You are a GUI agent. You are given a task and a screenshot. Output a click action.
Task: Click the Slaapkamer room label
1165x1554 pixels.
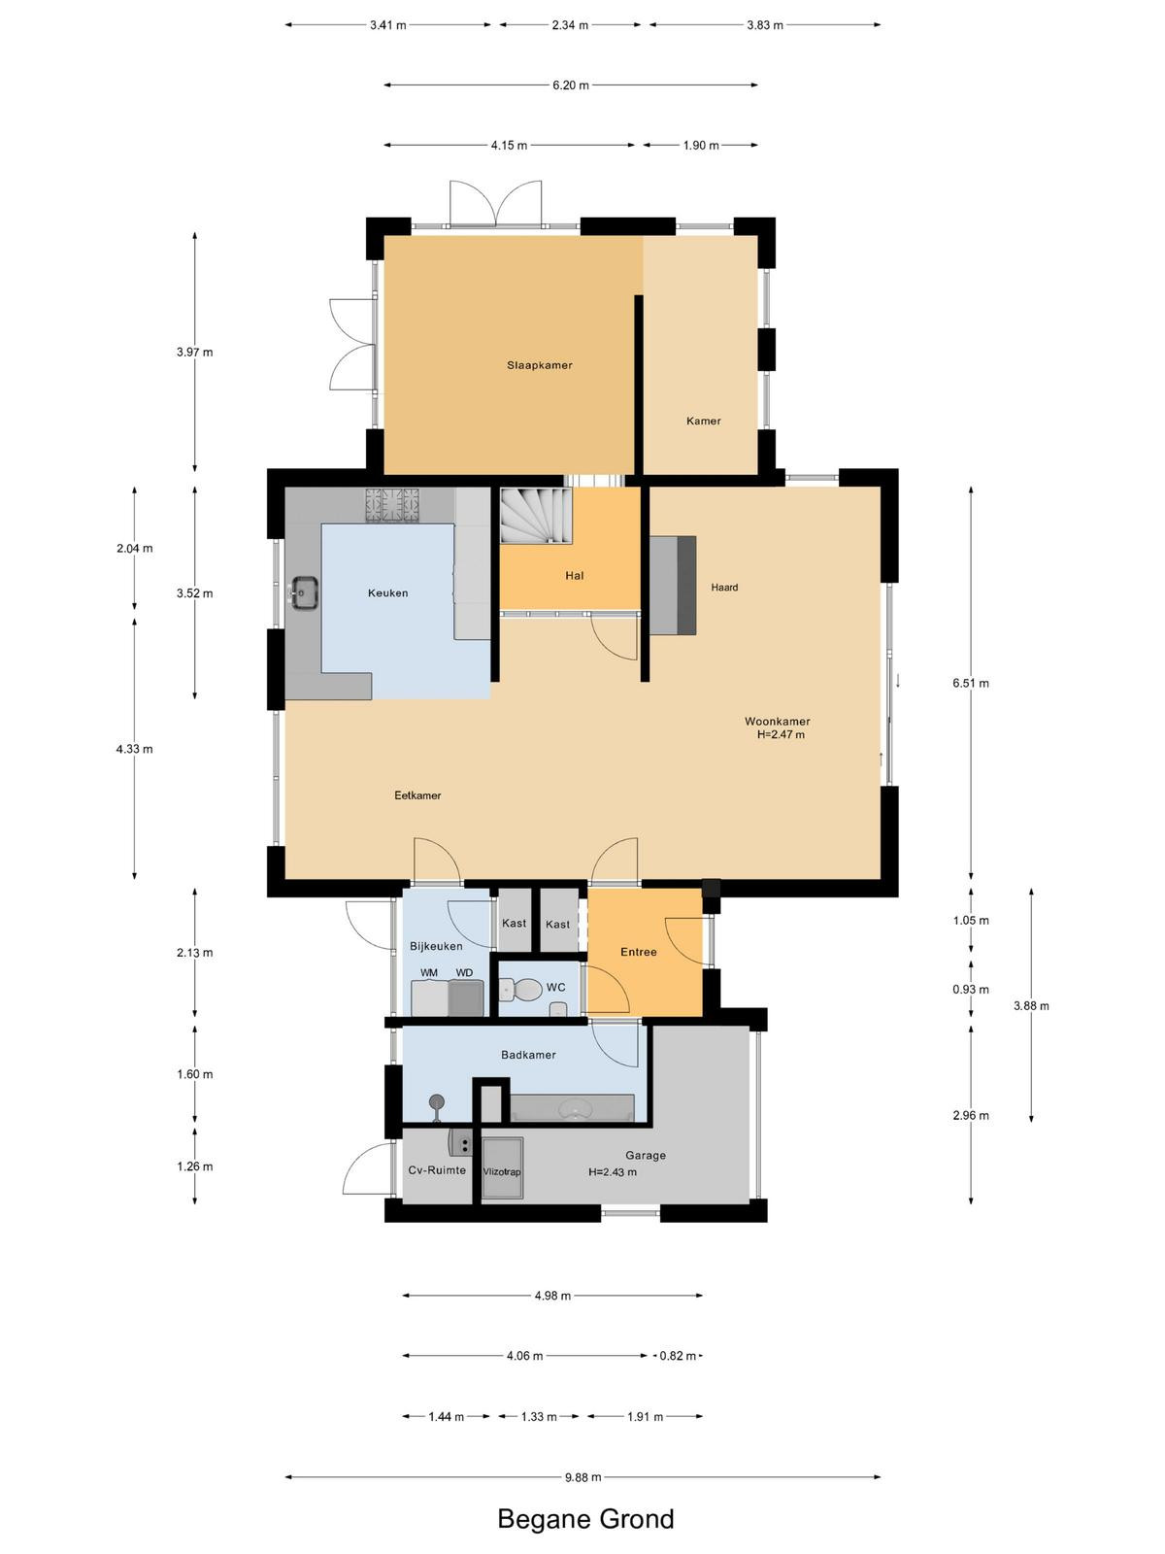539,365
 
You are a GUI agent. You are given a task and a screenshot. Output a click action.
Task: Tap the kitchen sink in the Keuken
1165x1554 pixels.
304,592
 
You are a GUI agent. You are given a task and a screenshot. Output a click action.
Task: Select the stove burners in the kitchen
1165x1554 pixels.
392,505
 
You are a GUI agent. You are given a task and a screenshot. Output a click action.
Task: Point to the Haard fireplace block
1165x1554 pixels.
673,585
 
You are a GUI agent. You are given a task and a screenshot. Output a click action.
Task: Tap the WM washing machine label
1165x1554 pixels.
429,973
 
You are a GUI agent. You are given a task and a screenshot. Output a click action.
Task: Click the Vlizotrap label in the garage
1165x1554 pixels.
502,1171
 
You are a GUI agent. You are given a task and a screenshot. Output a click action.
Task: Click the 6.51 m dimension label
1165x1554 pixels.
971,683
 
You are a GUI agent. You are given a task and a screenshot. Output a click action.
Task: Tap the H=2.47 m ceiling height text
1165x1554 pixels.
781,735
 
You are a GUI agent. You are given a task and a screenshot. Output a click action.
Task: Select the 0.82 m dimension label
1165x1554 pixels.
678,1356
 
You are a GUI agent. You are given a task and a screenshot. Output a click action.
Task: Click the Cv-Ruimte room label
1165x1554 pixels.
437,1170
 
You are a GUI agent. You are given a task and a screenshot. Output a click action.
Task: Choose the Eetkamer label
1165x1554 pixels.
417,795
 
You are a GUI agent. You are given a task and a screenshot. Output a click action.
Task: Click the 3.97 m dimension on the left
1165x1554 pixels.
194,352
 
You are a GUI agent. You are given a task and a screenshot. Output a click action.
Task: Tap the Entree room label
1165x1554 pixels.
639,952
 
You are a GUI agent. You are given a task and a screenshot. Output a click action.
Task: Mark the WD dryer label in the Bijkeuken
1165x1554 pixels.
464,973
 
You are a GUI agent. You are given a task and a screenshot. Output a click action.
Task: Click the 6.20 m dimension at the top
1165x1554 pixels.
571,84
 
